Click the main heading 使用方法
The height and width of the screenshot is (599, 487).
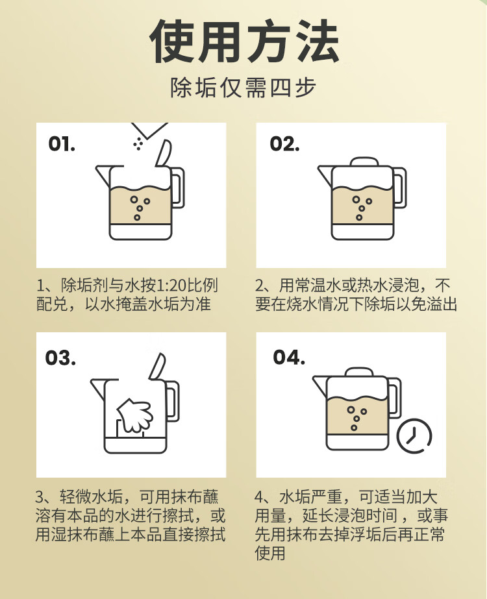[244, 42]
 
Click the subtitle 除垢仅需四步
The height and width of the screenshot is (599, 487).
[243, 88]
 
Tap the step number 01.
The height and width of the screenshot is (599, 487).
[62, 144]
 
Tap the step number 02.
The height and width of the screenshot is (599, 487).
[284, 144]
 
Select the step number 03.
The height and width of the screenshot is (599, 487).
[60, 358]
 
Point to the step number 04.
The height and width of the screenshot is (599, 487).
[289, 358]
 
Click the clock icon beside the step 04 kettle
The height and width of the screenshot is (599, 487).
[414, 436]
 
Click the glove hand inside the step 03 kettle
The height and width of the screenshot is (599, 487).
[135, 415]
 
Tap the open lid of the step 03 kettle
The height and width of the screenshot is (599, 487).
[158, 366]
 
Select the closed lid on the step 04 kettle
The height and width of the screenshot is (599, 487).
[359, 373]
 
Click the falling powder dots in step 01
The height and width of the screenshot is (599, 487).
[138, 143]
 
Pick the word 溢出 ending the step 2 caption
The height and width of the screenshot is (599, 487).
[442, 304]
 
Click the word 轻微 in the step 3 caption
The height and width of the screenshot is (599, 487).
[75, 496]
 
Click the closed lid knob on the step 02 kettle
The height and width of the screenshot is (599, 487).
[364, 162]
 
